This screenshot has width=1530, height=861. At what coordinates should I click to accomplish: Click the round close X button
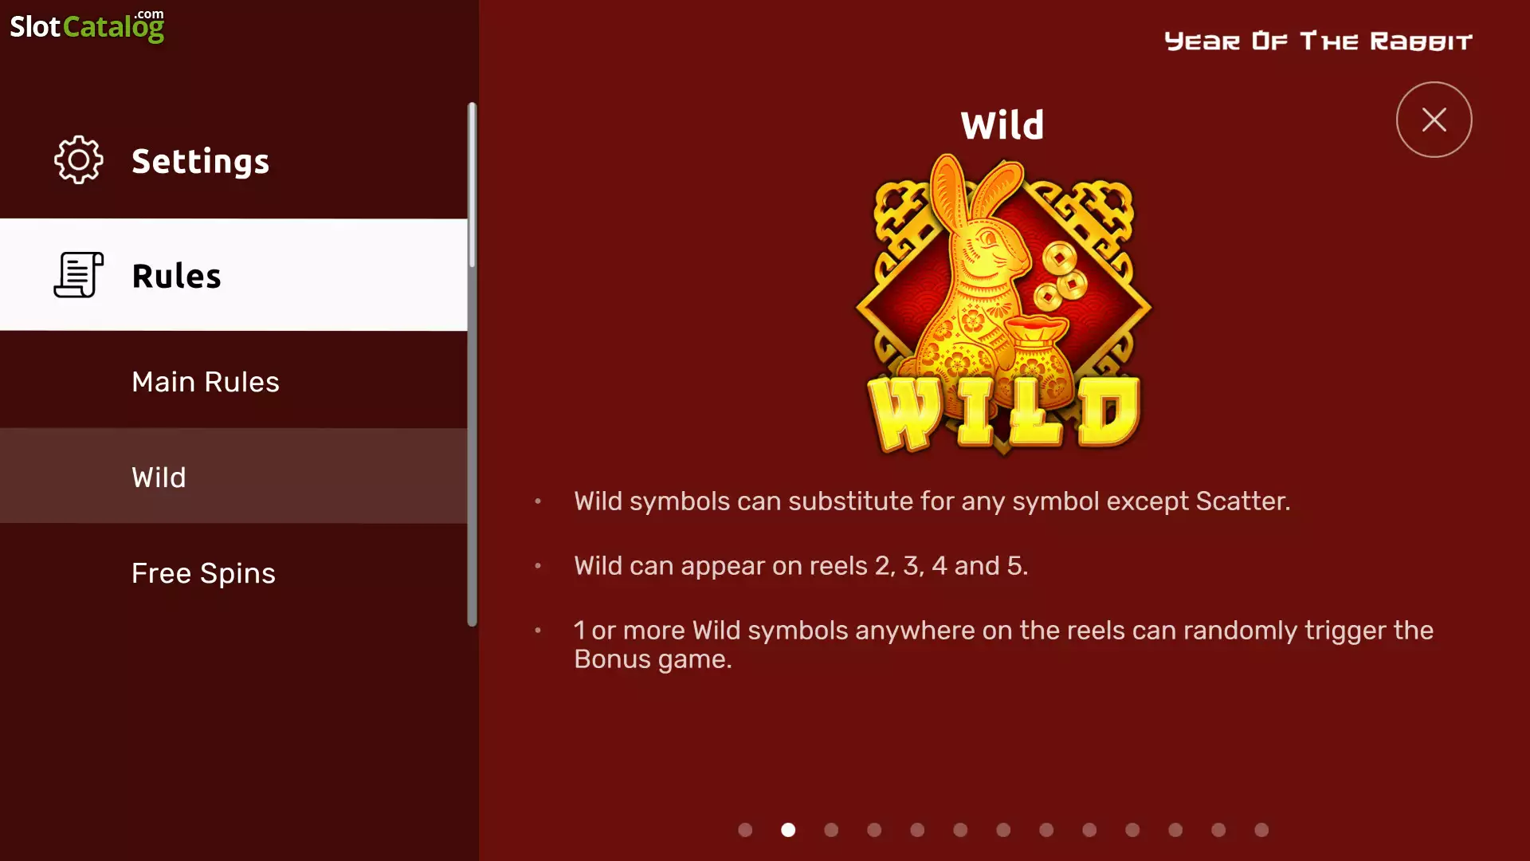1434,120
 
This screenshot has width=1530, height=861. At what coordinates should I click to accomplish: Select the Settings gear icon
78,160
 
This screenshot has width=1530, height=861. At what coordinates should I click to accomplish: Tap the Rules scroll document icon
78,275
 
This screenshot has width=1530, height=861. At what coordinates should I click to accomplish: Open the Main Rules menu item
206,382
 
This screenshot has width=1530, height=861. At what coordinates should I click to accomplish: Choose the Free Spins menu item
203,573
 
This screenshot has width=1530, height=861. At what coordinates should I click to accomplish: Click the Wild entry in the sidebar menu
159,477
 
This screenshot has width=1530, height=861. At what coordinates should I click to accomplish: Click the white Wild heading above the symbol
1002,125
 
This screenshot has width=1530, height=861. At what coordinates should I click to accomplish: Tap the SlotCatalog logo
87,26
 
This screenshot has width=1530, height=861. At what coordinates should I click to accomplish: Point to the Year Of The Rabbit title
1318,41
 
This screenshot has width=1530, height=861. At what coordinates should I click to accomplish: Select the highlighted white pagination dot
788,830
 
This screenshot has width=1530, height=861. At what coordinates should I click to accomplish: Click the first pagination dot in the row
745,830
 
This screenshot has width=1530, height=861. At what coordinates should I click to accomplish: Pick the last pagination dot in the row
1261,830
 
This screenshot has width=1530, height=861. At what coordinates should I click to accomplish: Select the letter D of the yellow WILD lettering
1108,411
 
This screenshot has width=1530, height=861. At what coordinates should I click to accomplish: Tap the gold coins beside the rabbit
1058,278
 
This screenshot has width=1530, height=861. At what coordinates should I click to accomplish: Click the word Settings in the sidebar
201,162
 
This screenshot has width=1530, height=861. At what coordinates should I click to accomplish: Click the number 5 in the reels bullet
1014,566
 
